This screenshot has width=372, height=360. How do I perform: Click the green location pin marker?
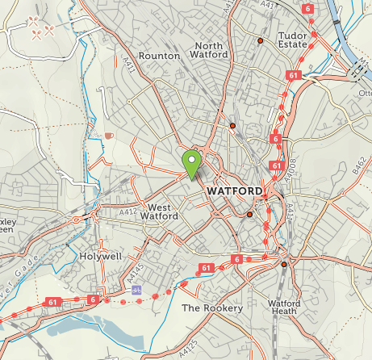click(x=191, y=163)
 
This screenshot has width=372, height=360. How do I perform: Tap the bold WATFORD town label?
click(x=234, y=190)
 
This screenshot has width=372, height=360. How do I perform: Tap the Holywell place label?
click(x=101, y=256)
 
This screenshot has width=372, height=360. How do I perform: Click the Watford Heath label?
click(x=284, y=308)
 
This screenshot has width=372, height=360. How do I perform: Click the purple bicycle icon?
click(x=136, y=289)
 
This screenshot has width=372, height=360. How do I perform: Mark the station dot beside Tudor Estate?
click(x=260, y=40)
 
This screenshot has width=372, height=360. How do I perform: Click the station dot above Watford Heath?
click(x=284, y=264)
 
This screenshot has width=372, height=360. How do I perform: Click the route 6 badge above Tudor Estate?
click(x=307, y=8)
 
